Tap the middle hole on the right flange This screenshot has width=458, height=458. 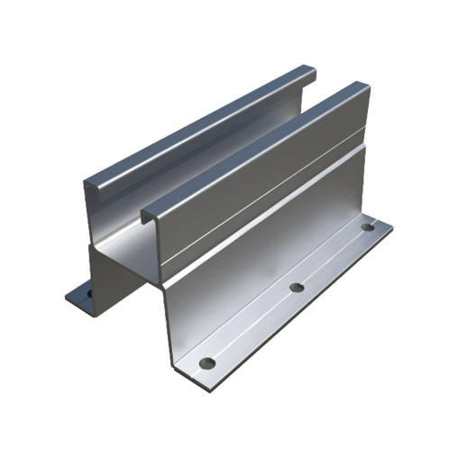[x=295, y=289]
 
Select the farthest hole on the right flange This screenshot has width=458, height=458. [x=367, y=228]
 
